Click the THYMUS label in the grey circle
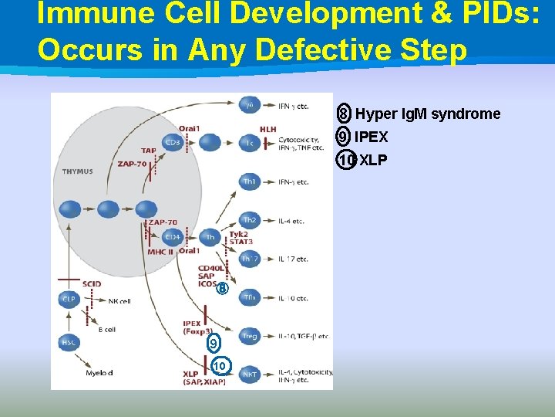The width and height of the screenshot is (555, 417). (x=77, y=171)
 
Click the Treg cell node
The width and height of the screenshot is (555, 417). (x=250, y=336)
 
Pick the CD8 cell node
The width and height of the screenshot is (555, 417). (x=173, y=142)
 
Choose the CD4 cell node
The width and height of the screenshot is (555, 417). (x=173, y=236)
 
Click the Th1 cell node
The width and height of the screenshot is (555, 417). (x=250, y=181)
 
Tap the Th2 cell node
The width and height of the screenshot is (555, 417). (x=250, y=220)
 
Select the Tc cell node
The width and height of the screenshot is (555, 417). (x=250, y=142)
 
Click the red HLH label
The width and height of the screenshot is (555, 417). (x=267, y=129)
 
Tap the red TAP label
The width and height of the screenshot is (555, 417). (x=149, y=150)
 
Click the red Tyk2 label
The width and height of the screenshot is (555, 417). (x=238, y=233)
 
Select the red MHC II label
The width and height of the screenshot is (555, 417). (x=160, y=252)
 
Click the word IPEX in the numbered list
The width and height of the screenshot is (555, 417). (x=371, y=137)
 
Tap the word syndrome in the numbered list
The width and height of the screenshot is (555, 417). (x=466, y=114)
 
